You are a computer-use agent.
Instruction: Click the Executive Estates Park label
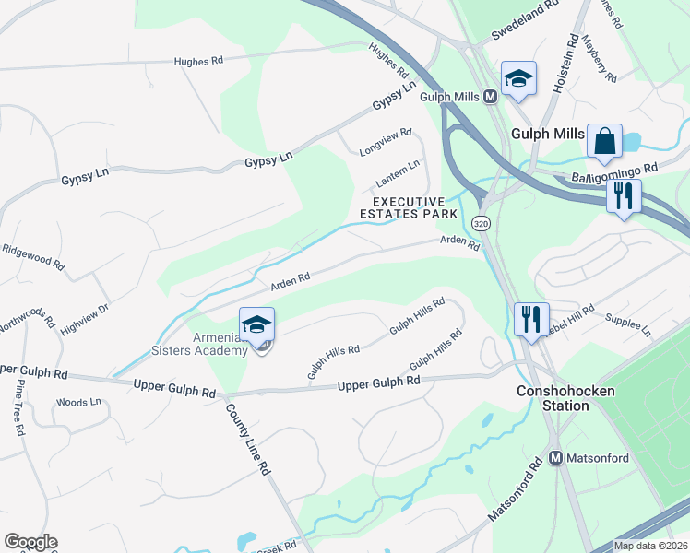click(x=414, y=207)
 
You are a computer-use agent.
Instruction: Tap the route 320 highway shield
click(x=480, y=224)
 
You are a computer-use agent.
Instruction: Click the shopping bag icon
click(x=604, y=142)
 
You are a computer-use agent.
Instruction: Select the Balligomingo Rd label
click(x=613, y=171)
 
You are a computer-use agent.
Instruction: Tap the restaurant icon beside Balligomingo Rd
click(x=624, y=196)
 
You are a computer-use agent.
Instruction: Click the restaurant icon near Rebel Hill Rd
click(x=531, y=320)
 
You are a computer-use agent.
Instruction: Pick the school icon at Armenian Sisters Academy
click(x=257, y=324)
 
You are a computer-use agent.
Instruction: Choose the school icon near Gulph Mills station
click(x=518, y=79)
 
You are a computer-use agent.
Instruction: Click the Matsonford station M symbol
click(x=556, y=457)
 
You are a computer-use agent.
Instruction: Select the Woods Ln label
click(x=77, y=403)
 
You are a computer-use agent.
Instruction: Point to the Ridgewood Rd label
click(x=35, y=255)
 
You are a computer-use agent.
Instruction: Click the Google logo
click(x=30, y=542)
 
